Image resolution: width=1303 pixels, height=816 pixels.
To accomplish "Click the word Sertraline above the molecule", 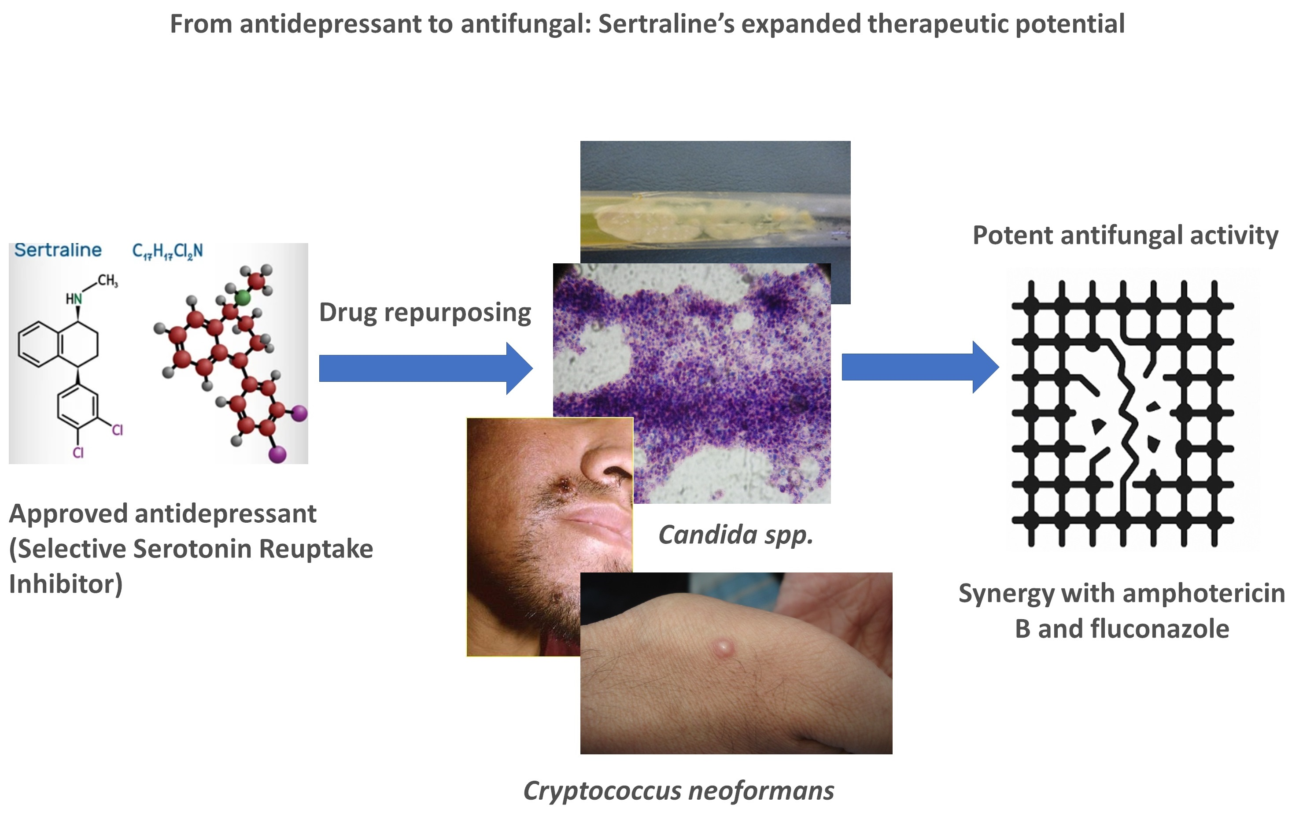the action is tap(58, 250).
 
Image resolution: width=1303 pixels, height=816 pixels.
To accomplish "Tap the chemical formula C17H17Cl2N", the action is tap(167, 251).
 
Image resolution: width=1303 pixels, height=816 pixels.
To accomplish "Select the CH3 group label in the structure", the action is tap(107, 280).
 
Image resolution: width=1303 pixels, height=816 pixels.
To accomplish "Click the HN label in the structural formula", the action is tap(74, 299).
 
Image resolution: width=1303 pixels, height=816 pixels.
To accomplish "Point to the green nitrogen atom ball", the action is tap(242, 297).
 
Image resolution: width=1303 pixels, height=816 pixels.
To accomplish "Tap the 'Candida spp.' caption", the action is tap(735, 535).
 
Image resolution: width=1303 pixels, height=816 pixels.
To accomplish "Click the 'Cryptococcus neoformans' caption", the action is tap(678, 790).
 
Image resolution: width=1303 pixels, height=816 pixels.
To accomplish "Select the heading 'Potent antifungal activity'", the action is tap(1125, 235).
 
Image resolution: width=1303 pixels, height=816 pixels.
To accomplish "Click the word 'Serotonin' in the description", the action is tap(192, 549).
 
